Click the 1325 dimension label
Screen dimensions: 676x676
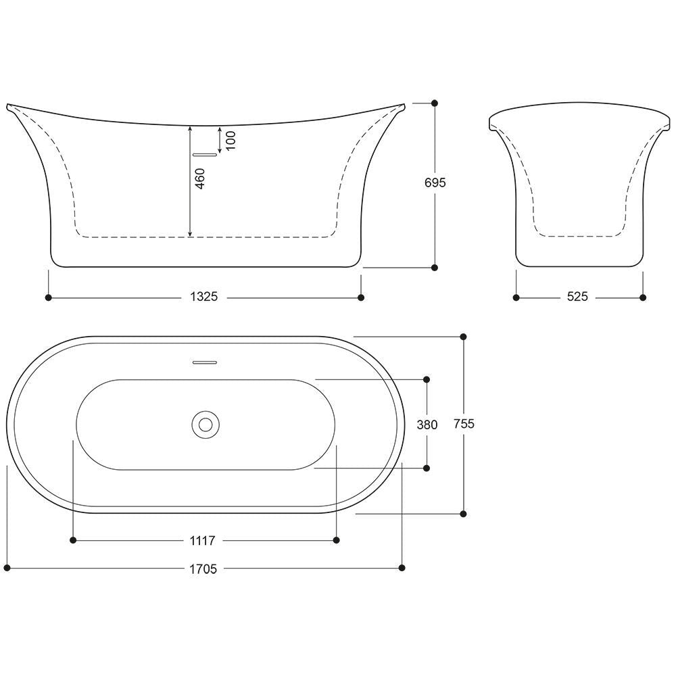[x=204, y=297]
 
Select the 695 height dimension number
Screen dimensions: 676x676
[x=435, y=183]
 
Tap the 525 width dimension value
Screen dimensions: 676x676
[x=577, y=297]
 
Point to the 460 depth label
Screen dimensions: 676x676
[x=200, y=178]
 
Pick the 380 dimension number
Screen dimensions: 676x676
[x=427, y=425]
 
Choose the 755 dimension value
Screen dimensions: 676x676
[x=464, y=424]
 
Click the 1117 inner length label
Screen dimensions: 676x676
[x=202, y=540]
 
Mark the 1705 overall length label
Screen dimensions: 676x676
[x=203, y=569]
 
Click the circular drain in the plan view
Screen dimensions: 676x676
[x=206, y=425]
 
